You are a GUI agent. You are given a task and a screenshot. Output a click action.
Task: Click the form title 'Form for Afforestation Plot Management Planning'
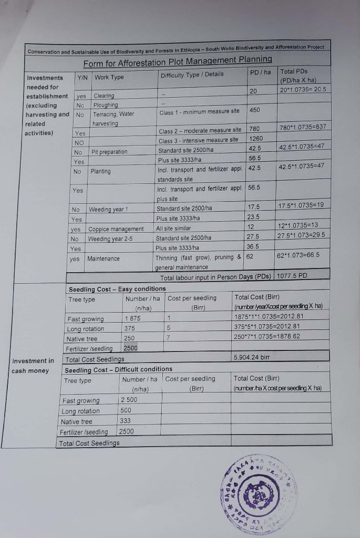click(x=178, y=60)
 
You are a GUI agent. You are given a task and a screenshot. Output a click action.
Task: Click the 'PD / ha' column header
click(x=260, y=72)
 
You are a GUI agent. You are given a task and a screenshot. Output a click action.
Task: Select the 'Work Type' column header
click(x=109, y=78)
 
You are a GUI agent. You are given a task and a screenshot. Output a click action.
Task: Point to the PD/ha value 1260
click(x=255, y=139)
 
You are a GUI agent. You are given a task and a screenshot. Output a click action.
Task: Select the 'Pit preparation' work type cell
click(x=109, y=152)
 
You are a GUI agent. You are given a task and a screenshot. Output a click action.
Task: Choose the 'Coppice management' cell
click(x=116, y=229)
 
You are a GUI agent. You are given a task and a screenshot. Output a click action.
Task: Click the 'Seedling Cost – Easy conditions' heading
click(x=117, y=289)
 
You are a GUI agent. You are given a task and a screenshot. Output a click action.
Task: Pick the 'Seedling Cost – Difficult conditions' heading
click(x=118, y=369)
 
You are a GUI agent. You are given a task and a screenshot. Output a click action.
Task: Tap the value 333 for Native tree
click(x=125, y=421)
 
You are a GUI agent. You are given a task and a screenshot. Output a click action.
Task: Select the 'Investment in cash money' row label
click(x=33, y=366)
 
